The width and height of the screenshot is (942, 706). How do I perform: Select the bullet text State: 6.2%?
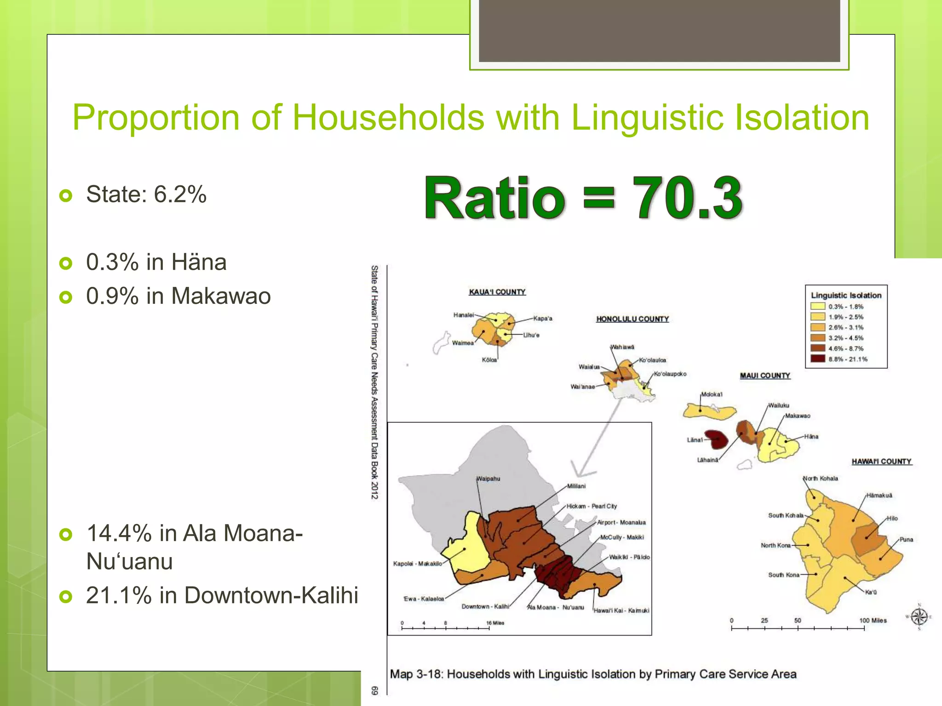pyautogui.click(x=146, y=194)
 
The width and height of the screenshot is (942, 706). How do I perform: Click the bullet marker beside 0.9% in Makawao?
pyautogui.click(x=66, y=297)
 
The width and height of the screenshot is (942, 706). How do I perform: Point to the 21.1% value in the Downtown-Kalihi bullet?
pyautogui.click(x=119, y=595)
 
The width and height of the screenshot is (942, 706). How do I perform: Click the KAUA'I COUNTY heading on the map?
pyautogui.click(x=497, y=292)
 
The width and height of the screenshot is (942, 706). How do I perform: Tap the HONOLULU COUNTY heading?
pyautogui.click(x=632, y=319)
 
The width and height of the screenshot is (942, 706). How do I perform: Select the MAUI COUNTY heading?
pyautogui.click(x=764, y=376)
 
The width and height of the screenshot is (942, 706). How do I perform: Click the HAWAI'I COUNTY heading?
pyautogui.click(x=881, y=461)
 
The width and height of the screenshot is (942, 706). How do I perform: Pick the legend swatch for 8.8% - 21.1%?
pyautogui.click(x=817, y=359)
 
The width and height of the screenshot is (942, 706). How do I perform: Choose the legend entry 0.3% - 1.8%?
pyautogui.click(x=845, y=307)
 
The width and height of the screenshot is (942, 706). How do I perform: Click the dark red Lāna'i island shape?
pyautogui.click(x=717, y=439)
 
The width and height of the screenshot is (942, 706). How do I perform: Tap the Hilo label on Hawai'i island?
pyautogui.click(x=892, y=518)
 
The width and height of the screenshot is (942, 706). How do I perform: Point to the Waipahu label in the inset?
pyautogui.click(x=488, y=478)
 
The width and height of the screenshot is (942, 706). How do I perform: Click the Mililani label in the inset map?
pyautogui.click(x=576, y=486)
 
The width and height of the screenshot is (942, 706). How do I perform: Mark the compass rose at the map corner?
pyautogui.click(x=919, y=616)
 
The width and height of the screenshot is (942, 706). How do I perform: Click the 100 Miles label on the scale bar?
pyautogui.click(x=873, y=621)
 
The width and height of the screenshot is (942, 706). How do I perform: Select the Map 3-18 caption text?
pyautogui.click(x=593, y=674)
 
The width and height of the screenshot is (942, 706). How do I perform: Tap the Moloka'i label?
pyautogui.click(x=712, y=394)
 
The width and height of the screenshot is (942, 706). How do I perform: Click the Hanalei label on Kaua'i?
pyautogui.click(x=463, y=315)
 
